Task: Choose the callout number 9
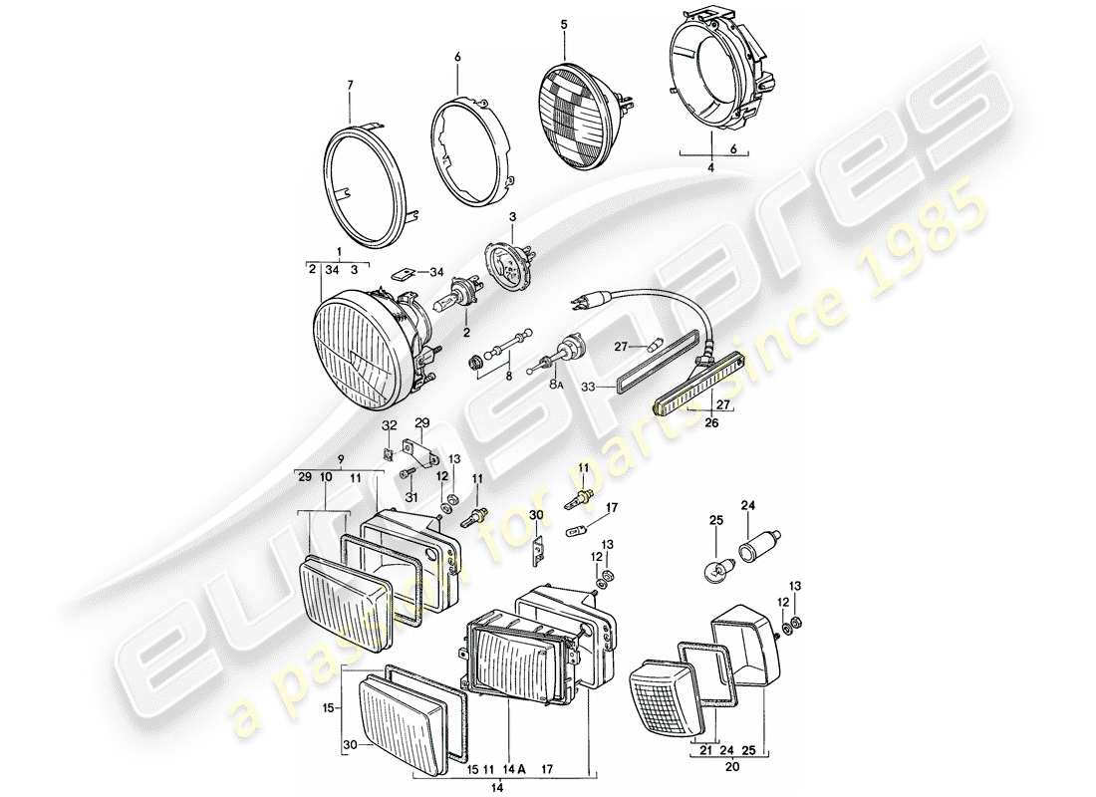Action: [342, 460]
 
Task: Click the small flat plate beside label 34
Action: [402, 270]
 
